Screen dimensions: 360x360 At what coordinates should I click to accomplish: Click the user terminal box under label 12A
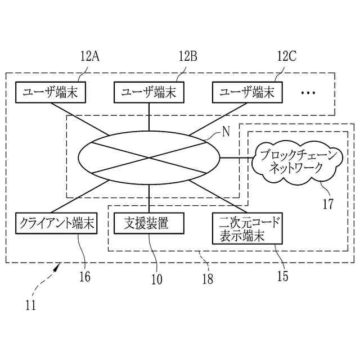(x=51, y=93)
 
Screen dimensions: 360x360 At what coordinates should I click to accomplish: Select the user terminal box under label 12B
(x=149, y=93)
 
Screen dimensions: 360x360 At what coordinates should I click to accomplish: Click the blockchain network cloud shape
(x=296, y=161)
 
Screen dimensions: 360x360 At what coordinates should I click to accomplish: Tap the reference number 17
(x=327, y=204)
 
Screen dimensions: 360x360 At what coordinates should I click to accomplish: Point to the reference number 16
(x=84, y=277)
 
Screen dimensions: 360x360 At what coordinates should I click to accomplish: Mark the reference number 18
(x=208, y=278)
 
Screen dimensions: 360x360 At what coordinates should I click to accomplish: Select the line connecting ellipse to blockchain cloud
(x=236, y=158)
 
